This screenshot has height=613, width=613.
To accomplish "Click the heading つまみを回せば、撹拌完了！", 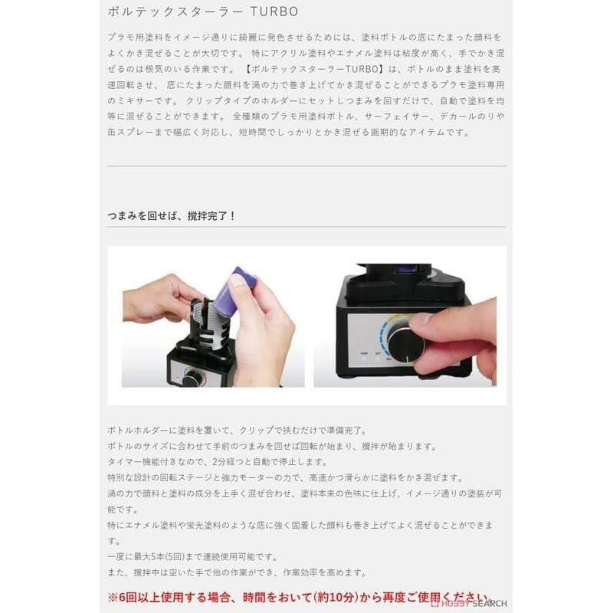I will click(x=172, y=215).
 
